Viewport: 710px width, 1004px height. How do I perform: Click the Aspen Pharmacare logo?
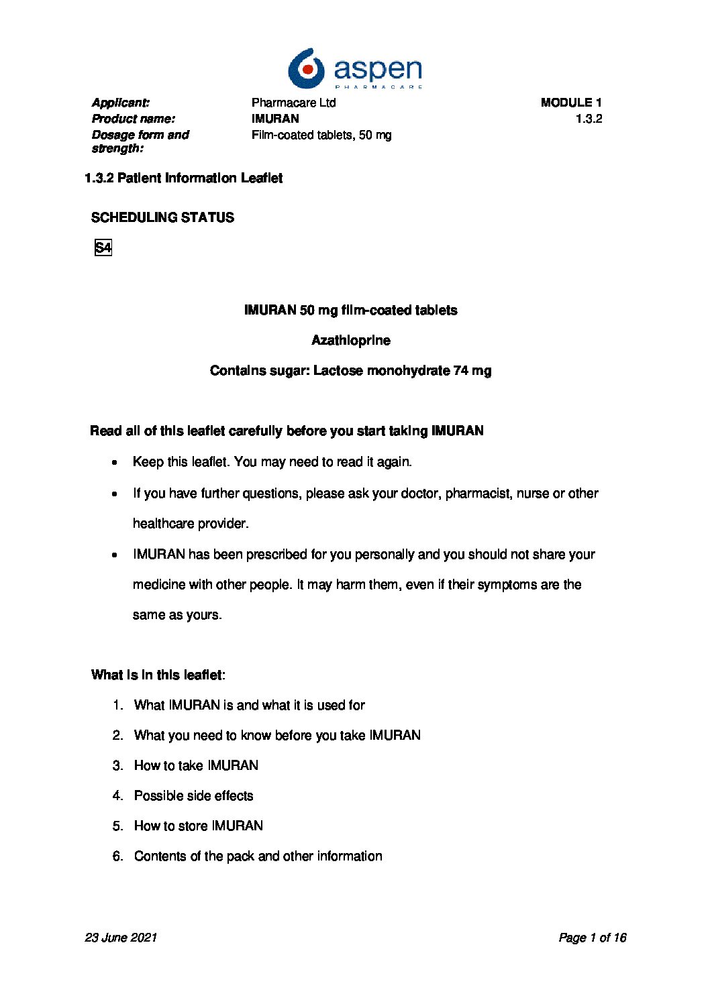(x=355, y=68)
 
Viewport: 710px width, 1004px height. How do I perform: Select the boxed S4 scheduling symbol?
(x=103, y=248)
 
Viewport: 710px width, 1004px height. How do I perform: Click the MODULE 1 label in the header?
(x=571, y=103)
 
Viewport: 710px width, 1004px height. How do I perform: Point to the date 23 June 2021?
(x=121, y=938)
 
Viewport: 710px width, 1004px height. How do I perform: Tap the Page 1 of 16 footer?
(x=592, y=938)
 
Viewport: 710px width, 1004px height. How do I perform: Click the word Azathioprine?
(x=350, y=341)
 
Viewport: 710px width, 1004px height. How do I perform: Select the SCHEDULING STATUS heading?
(x=162, y=217)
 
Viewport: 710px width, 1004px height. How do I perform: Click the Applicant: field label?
(x=121, y=103)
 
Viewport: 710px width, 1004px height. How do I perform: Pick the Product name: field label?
(x=134, y=119)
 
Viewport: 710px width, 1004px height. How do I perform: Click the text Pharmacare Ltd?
(x=293, y=103)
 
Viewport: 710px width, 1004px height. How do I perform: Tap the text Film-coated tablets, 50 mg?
(x=321, y=135)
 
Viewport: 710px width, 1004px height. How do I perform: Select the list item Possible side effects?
(x=193, y=796)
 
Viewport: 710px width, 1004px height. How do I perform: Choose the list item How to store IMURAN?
(x=198, y=826)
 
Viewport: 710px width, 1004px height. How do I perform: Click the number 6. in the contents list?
(x=118, y=856)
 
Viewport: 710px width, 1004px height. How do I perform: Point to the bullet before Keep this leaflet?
(x=115, y=463)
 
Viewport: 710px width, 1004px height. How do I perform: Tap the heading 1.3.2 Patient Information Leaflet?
(x=183, y=178)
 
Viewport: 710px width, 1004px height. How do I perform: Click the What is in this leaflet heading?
(x=158, y=675)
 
